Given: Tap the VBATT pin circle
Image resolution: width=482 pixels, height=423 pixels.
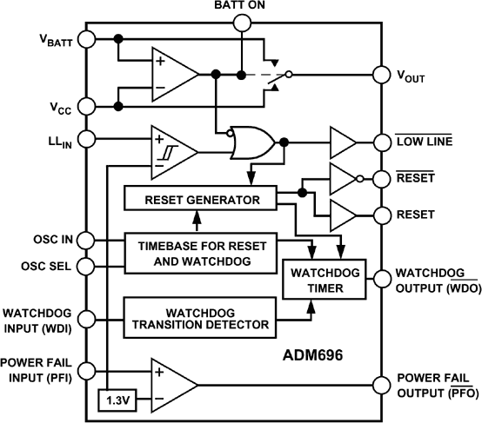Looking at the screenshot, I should click(85, 39).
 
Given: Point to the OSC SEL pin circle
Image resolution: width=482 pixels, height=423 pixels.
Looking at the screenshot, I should click(85, 266).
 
